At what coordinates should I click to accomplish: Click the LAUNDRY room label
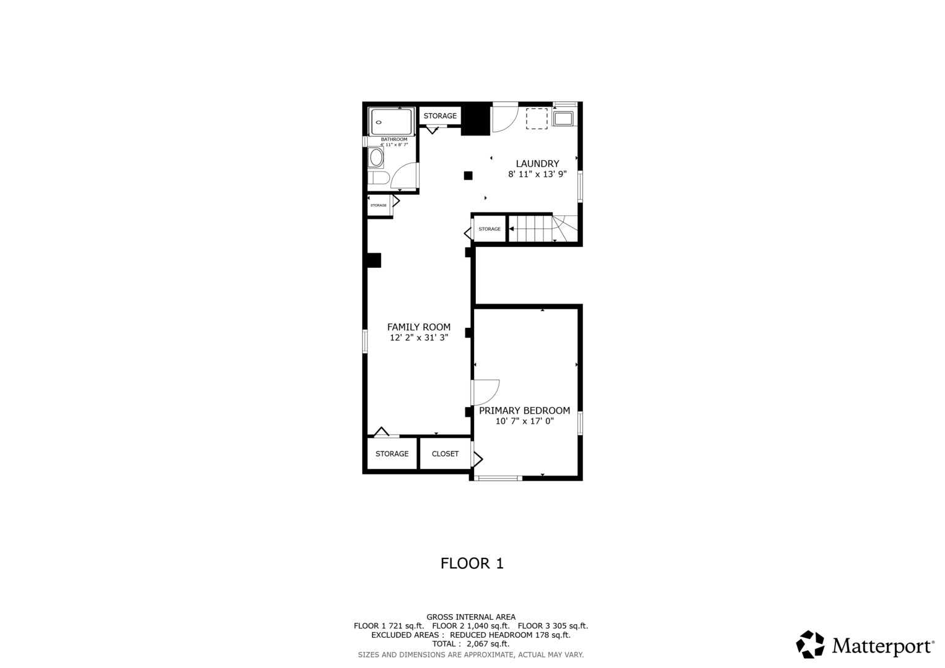coord(537,164)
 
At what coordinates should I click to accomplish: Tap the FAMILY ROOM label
coord(418,327)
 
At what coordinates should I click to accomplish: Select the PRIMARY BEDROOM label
coord(524,411)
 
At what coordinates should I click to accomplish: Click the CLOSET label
coord(445,454)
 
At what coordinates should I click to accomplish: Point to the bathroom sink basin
coord(376,158)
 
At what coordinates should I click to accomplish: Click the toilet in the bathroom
coord(378,179)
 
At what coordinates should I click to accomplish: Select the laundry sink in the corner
coord(563,118)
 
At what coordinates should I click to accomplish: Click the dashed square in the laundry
coord(537,118)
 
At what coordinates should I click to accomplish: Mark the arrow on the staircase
coord(511,229)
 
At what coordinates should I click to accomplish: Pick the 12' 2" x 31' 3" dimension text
coord(418,338)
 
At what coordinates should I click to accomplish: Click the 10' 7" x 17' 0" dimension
coord(524,421)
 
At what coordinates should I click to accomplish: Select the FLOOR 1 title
coord(472,563)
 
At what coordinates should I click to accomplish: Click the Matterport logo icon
coord(810,644)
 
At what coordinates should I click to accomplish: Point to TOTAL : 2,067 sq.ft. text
coord(470,644)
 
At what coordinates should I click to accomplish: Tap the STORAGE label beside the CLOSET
coord(392,454)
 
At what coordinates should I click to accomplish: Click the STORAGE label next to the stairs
coord(490,229)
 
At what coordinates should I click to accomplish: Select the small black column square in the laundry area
coord(468,176)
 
